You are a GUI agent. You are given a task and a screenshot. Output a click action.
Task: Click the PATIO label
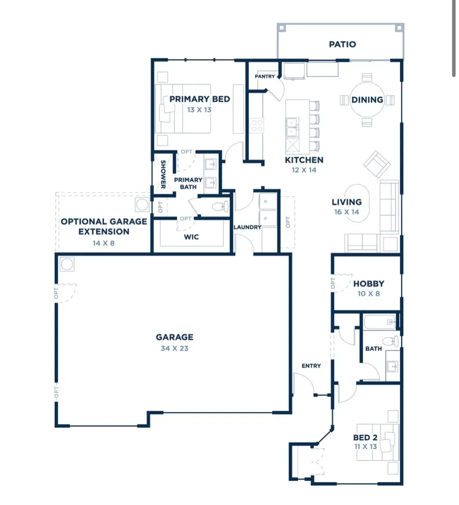(342, 44)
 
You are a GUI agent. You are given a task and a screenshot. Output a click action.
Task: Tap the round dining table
(367, 100)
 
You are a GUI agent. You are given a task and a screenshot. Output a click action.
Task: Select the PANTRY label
(265, 77)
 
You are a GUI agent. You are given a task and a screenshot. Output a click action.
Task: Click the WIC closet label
(191, 237)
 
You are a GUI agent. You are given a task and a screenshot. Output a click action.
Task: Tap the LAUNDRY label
(247, 227)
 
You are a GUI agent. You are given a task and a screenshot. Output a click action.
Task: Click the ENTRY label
(311, 366)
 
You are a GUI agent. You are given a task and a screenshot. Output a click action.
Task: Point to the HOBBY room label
(368, 284)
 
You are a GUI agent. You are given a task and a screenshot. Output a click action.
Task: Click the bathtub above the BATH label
(380, 322)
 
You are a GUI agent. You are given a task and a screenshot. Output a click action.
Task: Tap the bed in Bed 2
(377, 442)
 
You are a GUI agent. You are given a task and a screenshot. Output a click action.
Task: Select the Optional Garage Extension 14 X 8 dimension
(104, 243)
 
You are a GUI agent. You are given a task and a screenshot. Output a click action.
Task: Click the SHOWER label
(163, 175)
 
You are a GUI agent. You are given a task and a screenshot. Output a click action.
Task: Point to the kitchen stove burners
(256, 126)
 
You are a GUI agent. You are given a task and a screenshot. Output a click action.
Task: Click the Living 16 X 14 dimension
(347, 212)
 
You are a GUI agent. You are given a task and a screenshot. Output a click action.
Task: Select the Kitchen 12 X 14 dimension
(304, 170)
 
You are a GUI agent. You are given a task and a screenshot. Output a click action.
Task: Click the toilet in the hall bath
(391, 341)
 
